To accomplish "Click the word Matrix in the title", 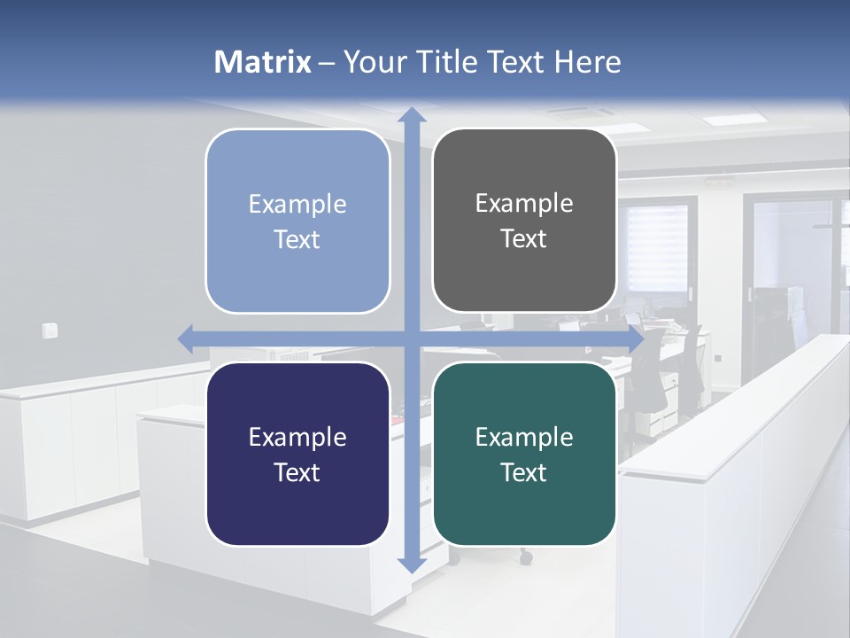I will [x=262, y=62].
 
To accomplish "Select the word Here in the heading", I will [x=587, y=62].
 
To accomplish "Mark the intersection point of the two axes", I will [x=410, y=338].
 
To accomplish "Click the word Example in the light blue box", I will [x=297, y=205].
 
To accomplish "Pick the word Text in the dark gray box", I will [x=523, y=239].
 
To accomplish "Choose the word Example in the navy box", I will [x=297, y=438].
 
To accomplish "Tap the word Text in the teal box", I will [x=523, y=472].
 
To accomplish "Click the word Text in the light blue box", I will [x=297, y=239].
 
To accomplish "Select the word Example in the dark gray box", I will [x=523, y=204].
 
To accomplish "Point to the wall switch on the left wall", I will [x=50, y=331].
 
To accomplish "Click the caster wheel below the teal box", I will [x=526, y=558].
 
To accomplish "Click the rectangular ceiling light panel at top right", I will [x=732, y=118].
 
